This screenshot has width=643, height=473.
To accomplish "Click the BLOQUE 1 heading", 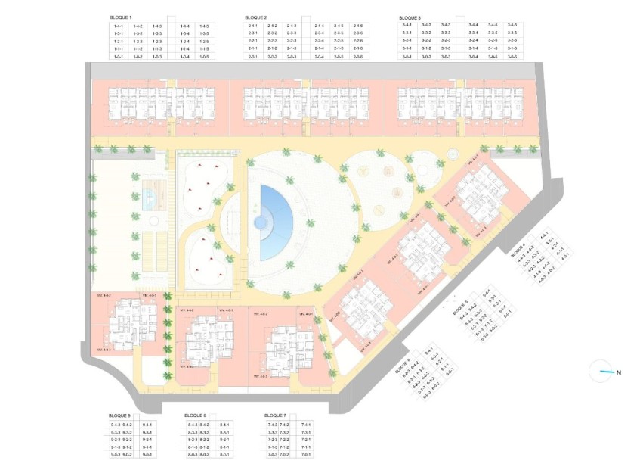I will coord(121,17).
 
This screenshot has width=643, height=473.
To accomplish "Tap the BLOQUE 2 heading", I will coord(257,17).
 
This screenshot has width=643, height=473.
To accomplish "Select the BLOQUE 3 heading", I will coord(410,17).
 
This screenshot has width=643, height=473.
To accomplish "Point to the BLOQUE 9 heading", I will coord(119,415).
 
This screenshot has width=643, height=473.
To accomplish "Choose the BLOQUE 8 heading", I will coord(196,415).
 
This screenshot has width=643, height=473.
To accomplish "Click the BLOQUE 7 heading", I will coord(275,415).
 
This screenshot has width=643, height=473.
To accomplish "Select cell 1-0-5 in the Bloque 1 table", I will coord(204,57).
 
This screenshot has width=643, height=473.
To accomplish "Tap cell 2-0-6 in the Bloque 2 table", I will coord(357,57).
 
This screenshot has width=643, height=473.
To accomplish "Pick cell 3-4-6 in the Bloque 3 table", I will coord(512,26).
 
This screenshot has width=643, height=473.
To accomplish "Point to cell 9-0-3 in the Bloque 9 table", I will coord(116,455).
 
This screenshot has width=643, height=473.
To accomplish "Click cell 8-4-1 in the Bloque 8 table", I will coord(224,425).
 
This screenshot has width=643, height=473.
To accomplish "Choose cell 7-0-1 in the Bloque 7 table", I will coord(306,455).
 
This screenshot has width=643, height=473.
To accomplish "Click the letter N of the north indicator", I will coord(618,372).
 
